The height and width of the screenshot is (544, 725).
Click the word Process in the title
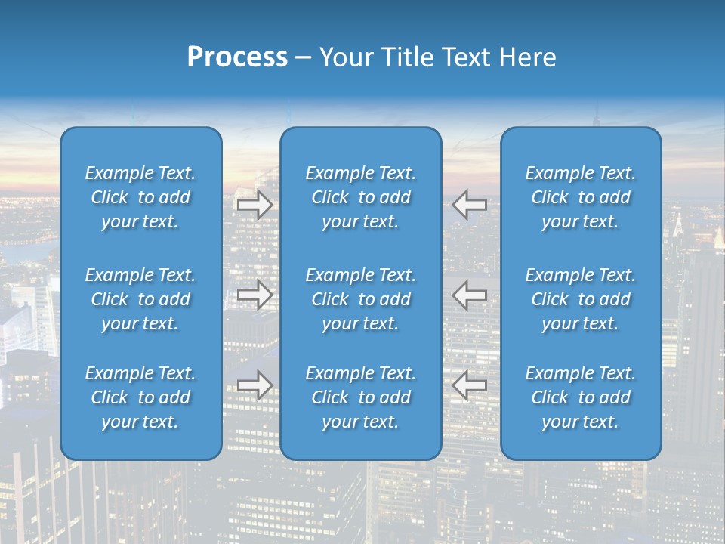(237, 57)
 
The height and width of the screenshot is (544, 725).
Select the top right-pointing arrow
(255, 204)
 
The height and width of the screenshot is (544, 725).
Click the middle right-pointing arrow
(255, 295)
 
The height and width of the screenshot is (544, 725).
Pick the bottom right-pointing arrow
(255, 385)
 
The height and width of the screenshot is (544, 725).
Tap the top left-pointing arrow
(470, 204)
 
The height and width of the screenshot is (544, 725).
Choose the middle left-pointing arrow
(470, 295)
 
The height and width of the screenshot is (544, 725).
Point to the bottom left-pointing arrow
(470, 385)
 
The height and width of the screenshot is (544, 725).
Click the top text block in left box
(140, 197)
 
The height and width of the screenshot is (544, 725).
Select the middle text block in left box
(140, 299)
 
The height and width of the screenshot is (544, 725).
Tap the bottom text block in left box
(140, 397)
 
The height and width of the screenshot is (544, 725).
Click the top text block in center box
(361, 197)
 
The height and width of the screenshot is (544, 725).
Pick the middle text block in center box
(361, 299)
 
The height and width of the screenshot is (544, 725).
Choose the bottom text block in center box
(361, 397)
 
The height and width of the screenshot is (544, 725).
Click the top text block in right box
(581, 197)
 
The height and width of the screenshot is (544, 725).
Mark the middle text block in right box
(581, 299)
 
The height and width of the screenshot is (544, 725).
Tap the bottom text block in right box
(581, 397)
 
